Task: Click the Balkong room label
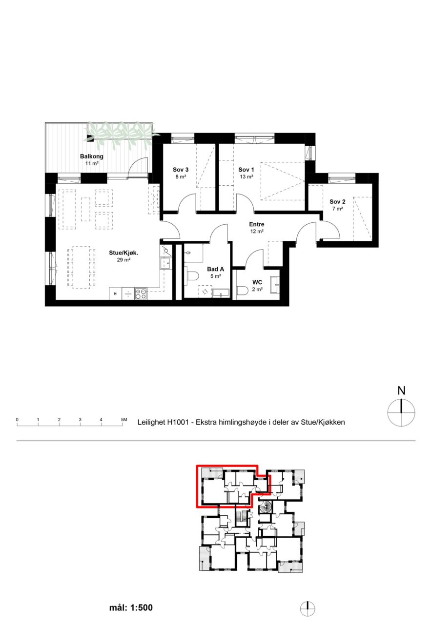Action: point(91,156)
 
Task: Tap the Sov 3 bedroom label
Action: point(181,170)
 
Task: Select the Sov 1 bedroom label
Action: point(246,170)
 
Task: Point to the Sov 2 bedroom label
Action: point(337,202)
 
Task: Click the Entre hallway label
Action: point(257,224)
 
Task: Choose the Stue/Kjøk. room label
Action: point(123,253)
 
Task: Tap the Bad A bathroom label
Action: point(215,269)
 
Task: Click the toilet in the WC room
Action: point(242,291)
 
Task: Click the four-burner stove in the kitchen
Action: point(141,293)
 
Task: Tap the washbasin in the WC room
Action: point(275,285)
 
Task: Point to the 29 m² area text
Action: point(123,260)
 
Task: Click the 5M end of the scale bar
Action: point(122,426)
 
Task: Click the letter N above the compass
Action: point(401,391)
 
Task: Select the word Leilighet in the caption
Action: point(151,422)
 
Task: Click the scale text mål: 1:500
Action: point(131,607)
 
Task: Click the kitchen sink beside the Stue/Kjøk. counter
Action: point(165,263)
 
